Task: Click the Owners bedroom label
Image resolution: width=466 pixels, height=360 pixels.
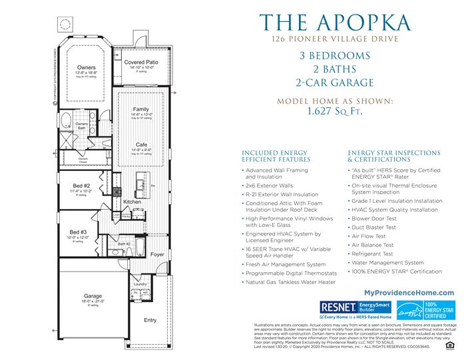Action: tap(86, 68)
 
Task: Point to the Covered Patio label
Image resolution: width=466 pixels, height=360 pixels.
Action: tap(141, 62)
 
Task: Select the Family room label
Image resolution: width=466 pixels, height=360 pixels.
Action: tap(141, 109)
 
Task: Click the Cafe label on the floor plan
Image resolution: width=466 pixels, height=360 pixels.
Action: tap(141, 144)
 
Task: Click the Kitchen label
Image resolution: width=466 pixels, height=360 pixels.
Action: tap(132, 201)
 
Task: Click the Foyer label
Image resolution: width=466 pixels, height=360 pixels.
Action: tap(157, 254)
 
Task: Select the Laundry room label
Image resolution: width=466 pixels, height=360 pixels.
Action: tap(139, 284)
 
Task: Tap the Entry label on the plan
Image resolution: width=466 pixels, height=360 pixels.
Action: tap(150, 320)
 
